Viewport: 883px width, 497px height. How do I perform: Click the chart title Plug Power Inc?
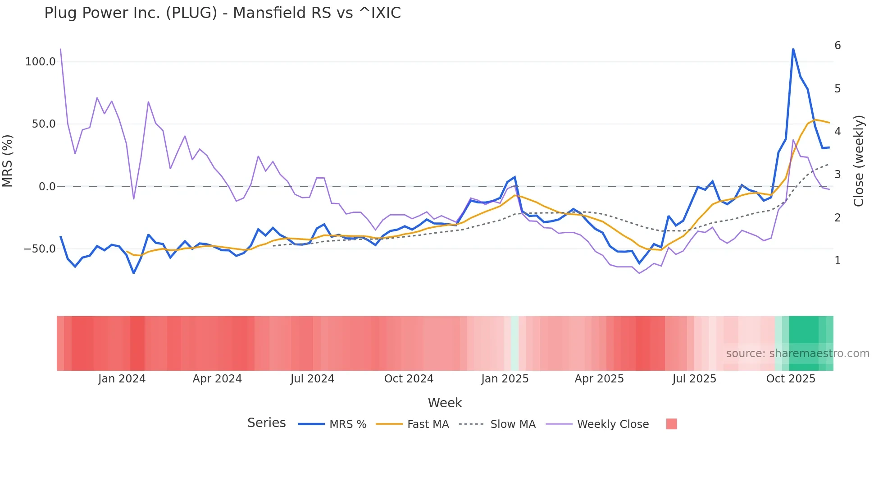[x=222, y=13]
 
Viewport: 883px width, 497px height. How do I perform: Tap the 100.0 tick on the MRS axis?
[x=40, y=62]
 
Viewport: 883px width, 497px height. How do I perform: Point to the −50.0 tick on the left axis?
[x=39, y=249]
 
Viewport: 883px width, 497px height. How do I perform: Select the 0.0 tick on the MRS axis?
[x=47, y=187]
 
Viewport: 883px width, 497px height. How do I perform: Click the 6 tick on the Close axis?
[x=837, y=46]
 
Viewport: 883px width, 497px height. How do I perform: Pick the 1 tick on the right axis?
[x=837, y=261]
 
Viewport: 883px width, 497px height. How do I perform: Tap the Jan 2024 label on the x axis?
[x=122, y=379]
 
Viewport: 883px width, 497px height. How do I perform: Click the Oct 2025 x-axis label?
[x=791, y=379]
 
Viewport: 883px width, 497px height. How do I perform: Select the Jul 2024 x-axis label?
[x=312, y=379]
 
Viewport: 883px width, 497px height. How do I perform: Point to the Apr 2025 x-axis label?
[x=599, y=379]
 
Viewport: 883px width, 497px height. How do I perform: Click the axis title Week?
[x=445, y=403]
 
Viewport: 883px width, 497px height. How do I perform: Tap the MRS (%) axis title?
[x=8, y=161]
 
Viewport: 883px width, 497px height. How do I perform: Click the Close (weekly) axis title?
[x=859, y=161]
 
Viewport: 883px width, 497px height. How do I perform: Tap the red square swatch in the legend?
[x=671, y=424]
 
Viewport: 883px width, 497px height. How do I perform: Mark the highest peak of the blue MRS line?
[x=793, y=49]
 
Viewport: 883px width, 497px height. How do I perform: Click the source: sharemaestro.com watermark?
[x=797, y=354]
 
